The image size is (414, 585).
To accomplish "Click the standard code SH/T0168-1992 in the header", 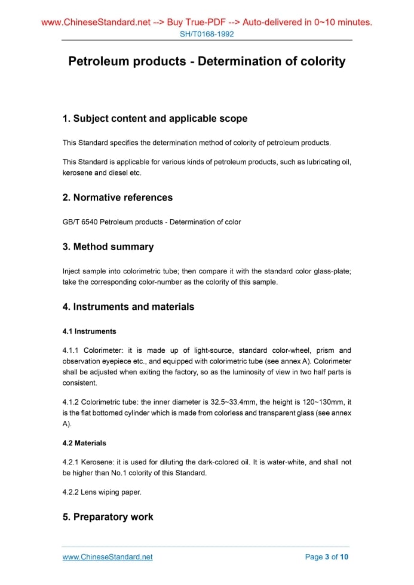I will pyautogui.click(x=207, y=34).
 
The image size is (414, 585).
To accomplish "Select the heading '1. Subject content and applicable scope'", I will pyautogui.click(x=155, y=118).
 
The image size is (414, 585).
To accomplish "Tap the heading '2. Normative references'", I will pyautogui.click(x=118, y=197).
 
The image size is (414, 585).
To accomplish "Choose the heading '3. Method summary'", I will pyautogui.click(x=108, y=247).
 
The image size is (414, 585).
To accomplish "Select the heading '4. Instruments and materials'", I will pyautogui.click(x=128, y=307).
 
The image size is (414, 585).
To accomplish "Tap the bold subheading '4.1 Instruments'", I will pyautogui.click(x=90, y=331).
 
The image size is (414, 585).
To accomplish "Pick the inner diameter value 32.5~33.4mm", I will pyautogui.click(x=235, y=402).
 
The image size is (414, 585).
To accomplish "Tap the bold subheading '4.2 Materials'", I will pyautogui.click(x=84, y=443).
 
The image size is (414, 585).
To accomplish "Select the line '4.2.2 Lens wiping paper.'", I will pyautogui.click(x=103, y=492).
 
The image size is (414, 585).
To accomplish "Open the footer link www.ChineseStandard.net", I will pyautogui.click(x=108, y=557).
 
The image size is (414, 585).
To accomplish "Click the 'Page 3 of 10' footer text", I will pyautogui.click(x=327, y=557).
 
